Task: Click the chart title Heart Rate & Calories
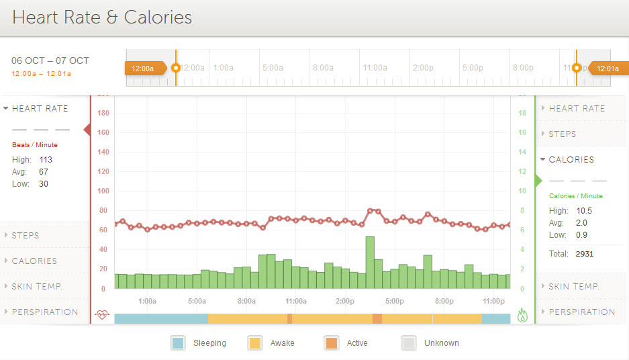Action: click(x=102, y=17)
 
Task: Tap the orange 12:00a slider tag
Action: click(x=142, y=68)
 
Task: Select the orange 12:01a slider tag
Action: click(x=609, y=68)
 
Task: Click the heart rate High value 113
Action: click(x=46, y=160)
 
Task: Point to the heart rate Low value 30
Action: click(x=43, y=184)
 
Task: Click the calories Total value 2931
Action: click(x=584, y=254)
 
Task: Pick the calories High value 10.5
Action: click(x=583, y=211)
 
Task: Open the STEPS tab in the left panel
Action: click(x=26, y=236)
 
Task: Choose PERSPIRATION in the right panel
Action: click(x=581, y=312)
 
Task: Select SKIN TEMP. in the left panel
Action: click(x=37, y=287)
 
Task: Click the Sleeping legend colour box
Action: click(x=177, y=343)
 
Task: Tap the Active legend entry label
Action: click(x=357, y=343)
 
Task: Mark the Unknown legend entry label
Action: click(x=441, y=343)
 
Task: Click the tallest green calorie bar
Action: click(x=370, y=263)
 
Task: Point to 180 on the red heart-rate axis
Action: click(x=103, y=113)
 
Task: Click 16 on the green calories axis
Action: click(x=522, y=133)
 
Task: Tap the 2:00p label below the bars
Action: click(x=345, y=301)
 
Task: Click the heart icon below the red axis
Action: click(x=102, y=314)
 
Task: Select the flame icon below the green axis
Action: click(x=524, y=314)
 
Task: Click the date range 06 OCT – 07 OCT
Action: click(x=50, y=60)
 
